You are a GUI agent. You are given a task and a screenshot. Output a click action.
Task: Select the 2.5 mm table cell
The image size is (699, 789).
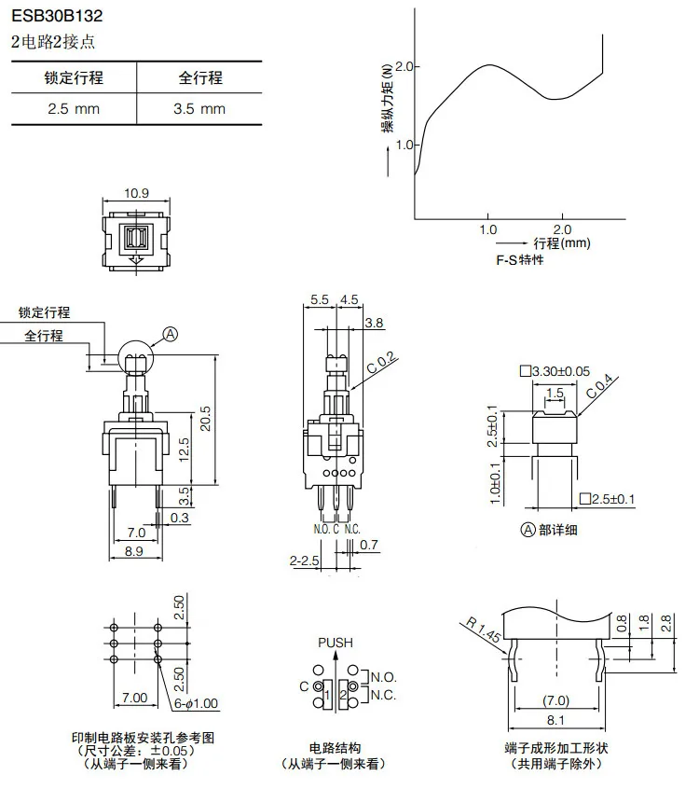(x=74, y=108)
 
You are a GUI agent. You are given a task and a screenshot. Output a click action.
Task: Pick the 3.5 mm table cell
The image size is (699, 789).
(x=199, y=108)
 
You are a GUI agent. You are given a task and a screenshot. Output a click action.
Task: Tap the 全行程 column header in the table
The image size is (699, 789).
(x=199, y=77)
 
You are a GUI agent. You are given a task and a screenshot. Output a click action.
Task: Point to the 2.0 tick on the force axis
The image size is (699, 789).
(x=404, y=67)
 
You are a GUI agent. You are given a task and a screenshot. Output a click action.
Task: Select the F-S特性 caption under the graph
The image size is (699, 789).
(x=520, y=260)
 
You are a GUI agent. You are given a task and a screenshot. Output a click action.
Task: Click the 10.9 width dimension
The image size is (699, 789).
(x=138, y=193)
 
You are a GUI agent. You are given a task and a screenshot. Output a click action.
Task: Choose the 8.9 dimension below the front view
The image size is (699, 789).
(x=133, y=552)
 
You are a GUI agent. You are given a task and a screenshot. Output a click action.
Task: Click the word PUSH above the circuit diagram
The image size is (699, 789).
(x=336, y=643)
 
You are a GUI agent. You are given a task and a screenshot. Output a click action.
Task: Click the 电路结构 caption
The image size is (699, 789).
(x=335, y=748)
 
